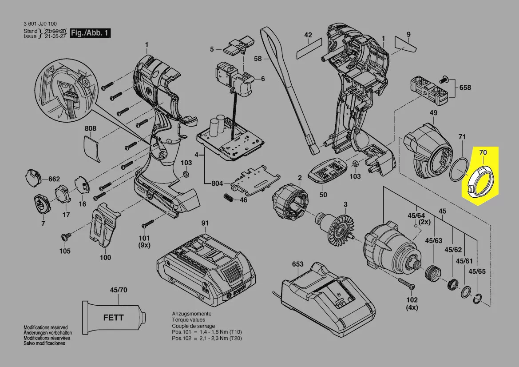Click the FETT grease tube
[x=114, y=317]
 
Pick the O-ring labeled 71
[x=458, y=171]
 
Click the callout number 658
[x=465, y=88]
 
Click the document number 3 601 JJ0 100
[x=40, y=24]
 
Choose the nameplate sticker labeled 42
[x=309, y=45]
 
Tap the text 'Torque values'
[x=189, y=320]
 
